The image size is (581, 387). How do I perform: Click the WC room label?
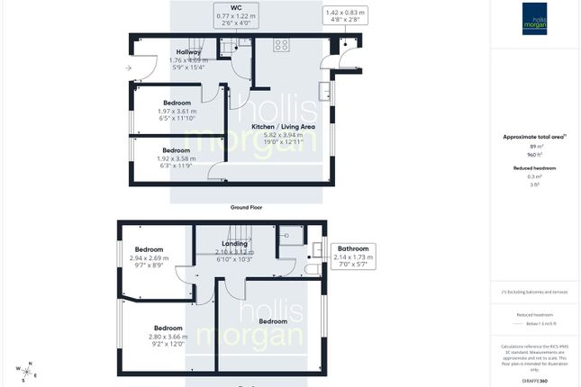coord(235,8)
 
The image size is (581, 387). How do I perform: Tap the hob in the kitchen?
coord(281,44)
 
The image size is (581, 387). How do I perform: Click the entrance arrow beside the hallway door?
coord(128,67)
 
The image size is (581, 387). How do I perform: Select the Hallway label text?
coord(188,53)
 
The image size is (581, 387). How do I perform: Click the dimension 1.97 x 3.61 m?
coord(176,111)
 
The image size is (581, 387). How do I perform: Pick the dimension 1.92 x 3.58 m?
coord(176,158)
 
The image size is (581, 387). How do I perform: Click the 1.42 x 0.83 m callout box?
coord(346,17)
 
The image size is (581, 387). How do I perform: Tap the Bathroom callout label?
coord(353,248)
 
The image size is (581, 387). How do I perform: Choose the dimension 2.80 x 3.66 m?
coord(168,336)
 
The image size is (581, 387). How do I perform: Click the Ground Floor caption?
coord(245,208)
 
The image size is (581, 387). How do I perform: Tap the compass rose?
coord(28,369)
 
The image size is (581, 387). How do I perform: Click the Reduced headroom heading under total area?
coord(532,167)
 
